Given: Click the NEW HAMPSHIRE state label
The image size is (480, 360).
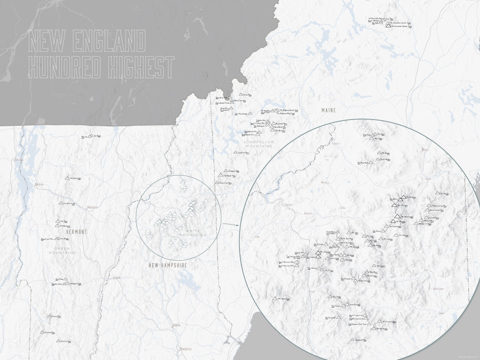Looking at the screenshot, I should pos(167,265).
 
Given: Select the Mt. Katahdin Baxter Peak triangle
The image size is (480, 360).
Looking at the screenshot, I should pos(388,26).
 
